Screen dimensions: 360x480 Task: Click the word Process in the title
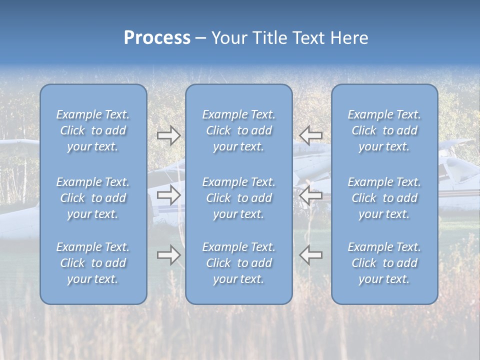pyautogui.click(x=157, y=38)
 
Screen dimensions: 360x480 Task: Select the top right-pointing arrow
pyautogui.click(x=169, y=135)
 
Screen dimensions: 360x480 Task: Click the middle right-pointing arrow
pyautogui.click(x=169, y=195)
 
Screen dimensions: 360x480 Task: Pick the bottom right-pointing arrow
pyautogui.click(x=169, y=255)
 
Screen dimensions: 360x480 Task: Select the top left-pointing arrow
pyautogui.click(x=310, y=135)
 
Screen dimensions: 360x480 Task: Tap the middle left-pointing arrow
pyautogui.click(x=310, y=195)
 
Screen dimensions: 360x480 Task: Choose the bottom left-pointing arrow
pyautogui.click(x=310, y=255)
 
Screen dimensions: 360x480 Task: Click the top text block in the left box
pyautogui.click(x=93, y=130)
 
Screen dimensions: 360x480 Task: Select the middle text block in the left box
pyautogui.click(x=93, y=198)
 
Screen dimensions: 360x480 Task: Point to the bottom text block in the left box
pyautogui.click(x=93, y=263)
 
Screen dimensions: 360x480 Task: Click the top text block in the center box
pyautogui.click(x=238, y=130)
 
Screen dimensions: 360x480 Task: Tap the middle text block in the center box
pyautogui.click(x=238, y=198)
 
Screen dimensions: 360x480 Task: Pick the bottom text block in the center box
pyautogui.click(x=238, y=263)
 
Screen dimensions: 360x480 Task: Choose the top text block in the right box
pyautogui.click(x=384, y=130)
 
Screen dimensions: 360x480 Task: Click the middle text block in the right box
pyautogui.click(x=384, y=198)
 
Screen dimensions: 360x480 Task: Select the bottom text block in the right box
pyautogui.click(x=384, y=263)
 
